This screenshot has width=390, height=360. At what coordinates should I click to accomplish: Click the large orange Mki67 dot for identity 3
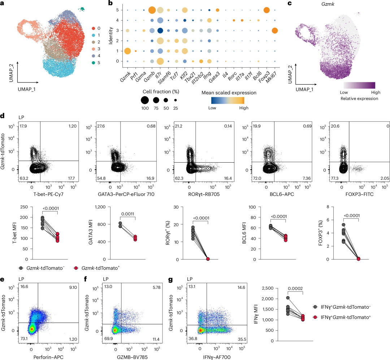275,31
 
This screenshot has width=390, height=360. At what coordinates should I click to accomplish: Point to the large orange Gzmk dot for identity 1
127,51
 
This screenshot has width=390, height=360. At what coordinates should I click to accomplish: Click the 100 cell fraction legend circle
144,100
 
